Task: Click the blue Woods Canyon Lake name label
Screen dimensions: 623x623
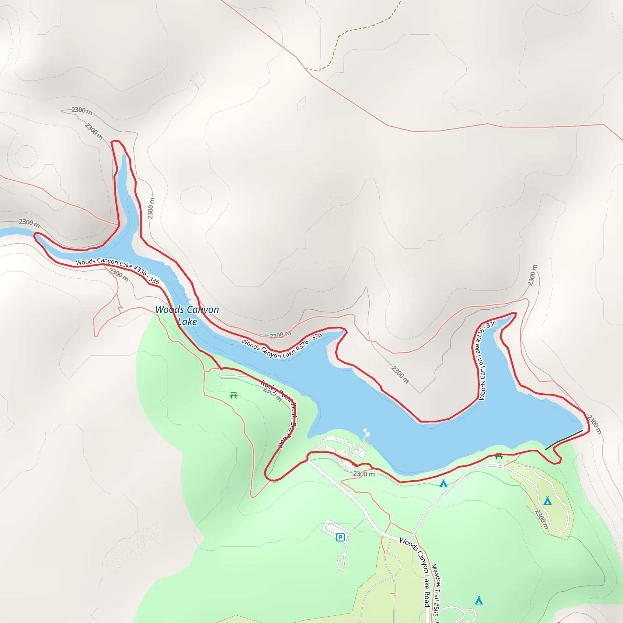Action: coord(187,315)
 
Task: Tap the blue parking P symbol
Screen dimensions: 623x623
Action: coord(340,537)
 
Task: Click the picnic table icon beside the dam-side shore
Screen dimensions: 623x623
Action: coord(499,455)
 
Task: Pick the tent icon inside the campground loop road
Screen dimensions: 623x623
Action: coord(548,501)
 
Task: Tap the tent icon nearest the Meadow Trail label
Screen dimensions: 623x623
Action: coord(479,600)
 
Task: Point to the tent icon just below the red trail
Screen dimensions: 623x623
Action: coord(444,483)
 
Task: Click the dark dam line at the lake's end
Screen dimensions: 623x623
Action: coord(564,439)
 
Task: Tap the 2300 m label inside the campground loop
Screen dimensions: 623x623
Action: coord(542,519)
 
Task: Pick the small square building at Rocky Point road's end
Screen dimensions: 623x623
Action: coord(223,366)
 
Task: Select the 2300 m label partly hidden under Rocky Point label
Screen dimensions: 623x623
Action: coord(273,394)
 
